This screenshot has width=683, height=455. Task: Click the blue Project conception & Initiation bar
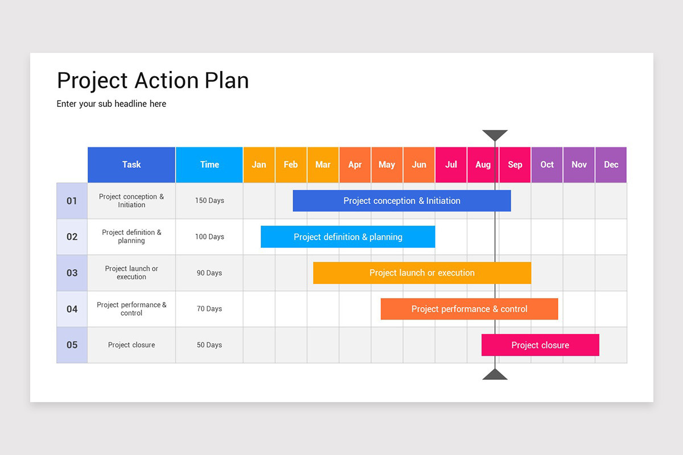[401, 201]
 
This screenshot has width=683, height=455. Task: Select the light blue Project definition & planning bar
[348, 237]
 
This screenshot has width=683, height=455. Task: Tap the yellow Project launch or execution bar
[422, 273]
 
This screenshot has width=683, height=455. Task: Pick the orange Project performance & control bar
[469, 309]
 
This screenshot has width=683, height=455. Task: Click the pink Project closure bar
[540, 345]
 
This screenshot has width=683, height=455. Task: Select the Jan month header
[259, 165]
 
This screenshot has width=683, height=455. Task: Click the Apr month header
[355, 165]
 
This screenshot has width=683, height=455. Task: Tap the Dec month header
[611, 165]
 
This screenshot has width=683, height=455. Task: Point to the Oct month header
[547, 165]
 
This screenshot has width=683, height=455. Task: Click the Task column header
[131, 165]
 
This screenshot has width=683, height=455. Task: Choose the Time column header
[209, 165]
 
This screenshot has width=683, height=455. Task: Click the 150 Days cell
[209, 201]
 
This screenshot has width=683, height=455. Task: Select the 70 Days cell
[209, 309]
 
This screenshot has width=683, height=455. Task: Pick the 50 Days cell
[209, 345]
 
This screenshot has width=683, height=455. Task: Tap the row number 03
[72, 273]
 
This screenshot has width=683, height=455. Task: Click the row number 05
[72, 345]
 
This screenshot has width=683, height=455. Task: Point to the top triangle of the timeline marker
[495, 135]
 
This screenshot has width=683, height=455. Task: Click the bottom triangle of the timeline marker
[495, 375]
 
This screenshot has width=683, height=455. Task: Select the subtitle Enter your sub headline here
[112, 104]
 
